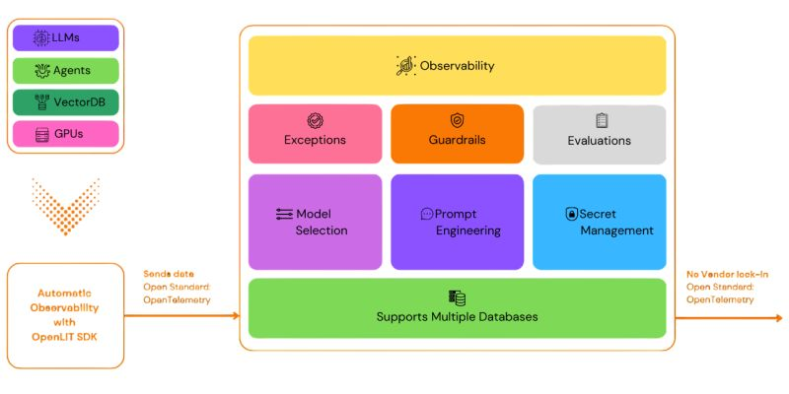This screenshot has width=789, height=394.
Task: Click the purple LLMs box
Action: coord(65,38)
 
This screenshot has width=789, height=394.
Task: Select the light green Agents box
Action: coord(65,70)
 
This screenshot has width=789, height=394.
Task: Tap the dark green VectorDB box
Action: coord(65,102)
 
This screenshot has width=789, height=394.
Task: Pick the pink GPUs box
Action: coord(65,134)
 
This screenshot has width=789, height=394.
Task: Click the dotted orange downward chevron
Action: coord(65,206)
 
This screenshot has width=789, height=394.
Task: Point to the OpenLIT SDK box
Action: coord(65,315)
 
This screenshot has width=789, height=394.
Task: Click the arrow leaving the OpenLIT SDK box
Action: coord(181,315)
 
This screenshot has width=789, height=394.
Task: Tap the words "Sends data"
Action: coord(169,275)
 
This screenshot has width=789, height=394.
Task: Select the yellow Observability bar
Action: coord(457,65)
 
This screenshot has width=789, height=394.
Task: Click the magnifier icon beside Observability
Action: coord(406,66)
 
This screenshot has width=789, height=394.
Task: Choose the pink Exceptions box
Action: coord(315,134)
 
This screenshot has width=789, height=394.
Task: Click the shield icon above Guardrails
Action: coord(457,120)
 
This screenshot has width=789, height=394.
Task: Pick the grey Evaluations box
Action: coord(600,134)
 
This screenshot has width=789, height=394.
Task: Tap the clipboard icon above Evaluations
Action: coord(602,120)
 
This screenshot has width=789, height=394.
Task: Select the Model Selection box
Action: coord(315,222)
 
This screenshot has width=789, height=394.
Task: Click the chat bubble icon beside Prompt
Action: coord(427,214)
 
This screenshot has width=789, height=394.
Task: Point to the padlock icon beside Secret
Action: coord(572,214)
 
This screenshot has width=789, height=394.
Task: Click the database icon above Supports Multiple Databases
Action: coord(457,298)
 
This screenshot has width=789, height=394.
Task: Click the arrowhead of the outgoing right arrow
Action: coord(779,318)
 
